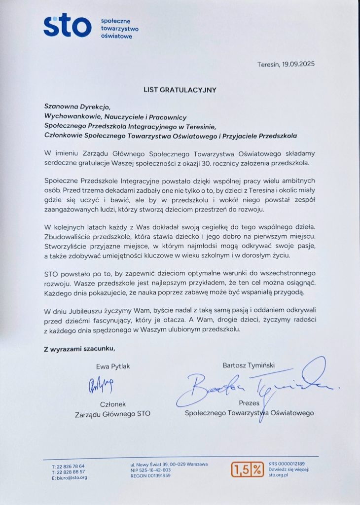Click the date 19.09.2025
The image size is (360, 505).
pos(298,64)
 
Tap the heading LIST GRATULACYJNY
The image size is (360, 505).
pos(180,90)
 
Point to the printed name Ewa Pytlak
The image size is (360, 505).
pos(113,366)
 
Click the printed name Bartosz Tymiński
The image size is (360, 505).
pos(249,365)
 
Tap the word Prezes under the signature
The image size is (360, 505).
pos(249,403)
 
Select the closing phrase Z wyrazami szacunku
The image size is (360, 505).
pos(79,349)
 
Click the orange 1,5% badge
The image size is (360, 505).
pos(248,470)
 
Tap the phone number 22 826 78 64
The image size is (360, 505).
pos(71,466)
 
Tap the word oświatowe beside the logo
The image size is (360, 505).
pos(116,36)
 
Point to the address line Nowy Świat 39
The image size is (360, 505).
pos(157,464)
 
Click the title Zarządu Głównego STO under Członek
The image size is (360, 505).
pos(112,413)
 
